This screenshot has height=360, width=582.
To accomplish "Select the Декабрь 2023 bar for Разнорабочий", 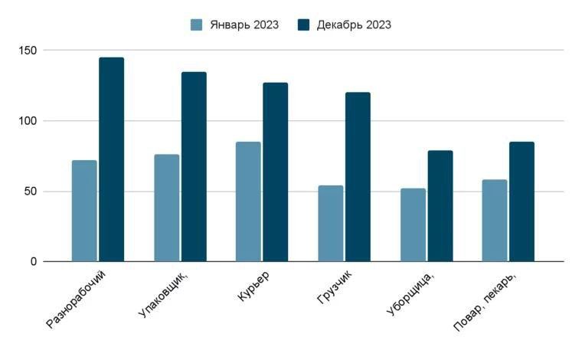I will (x=111, y=159).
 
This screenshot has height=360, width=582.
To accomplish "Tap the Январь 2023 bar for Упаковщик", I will (x=166, y=208).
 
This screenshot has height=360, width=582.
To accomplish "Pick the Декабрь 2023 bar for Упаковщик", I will (x=194, y=166).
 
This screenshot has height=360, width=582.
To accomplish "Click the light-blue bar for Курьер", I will (x=248, y=201).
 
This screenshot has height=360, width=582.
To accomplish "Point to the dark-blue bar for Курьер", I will (x=276, y=172).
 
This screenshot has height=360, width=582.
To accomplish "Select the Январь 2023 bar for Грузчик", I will (x=330, y=223).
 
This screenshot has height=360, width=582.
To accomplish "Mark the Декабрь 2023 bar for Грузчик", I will (x=358, y=177).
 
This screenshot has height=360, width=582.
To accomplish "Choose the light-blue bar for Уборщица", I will (x=413, y=224).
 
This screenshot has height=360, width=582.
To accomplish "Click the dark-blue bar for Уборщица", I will (x=440, y=205).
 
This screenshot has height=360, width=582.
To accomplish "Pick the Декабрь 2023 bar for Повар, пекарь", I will (x=522, y=201).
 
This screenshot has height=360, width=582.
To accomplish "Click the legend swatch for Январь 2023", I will (x=197, y=25).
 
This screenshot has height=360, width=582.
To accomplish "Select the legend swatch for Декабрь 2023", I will (x=303, y=25).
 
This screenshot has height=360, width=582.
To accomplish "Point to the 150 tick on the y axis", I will (x=29, y=51).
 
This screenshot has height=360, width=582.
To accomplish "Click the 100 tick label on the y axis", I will (x=29, y=121).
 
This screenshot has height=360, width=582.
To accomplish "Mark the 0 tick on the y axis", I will (x=34, y=262).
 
